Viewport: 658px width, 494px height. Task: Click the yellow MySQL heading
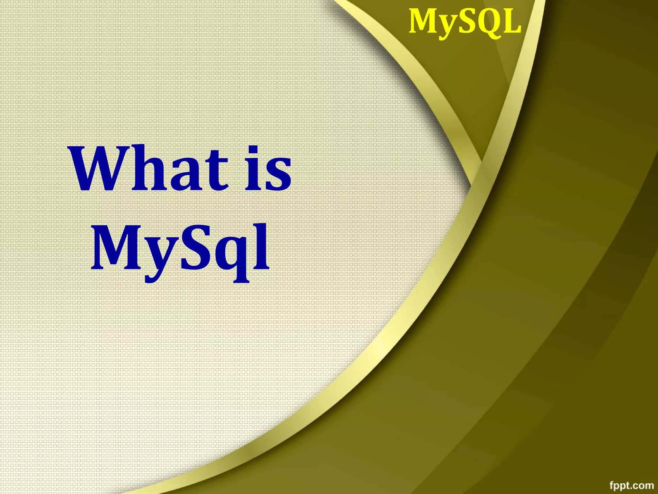[x=465, y=22]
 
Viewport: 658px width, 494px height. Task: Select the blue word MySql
[x=180, y=249]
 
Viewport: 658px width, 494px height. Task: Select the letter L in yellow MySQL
[x=512, y=22]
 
